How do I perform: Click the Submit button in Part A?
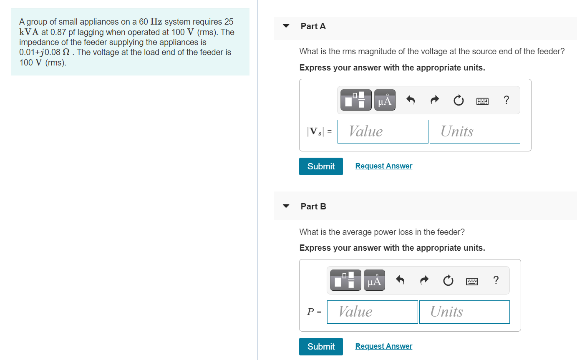(321, 166)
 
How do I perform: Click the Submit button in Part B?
(321, 347)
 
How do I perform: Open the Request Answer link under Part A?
(383, 166)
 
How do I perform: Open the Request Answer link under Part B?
(383, 346)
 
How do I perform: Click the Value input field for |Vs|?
(383, 131)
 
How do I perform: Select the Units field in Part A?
(474, 131)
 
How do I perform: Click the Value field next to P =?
(372, 312)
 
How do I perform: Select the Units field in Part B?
(464, 312)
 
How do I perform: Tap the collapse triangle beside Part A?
(286, 26)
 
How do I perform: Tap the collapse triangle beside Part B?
(286, 206)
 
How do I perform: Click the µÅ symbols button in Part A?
(385, 100)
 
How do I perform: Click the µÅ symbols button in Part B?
(374, 280)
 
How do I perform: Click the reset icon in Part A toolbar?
(458, 100)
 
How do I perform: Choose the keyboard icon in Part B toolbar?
(472, 281)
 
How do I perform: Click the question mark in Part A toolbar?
(506, 100)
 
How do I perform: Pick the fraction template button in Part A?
(355, 100)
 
